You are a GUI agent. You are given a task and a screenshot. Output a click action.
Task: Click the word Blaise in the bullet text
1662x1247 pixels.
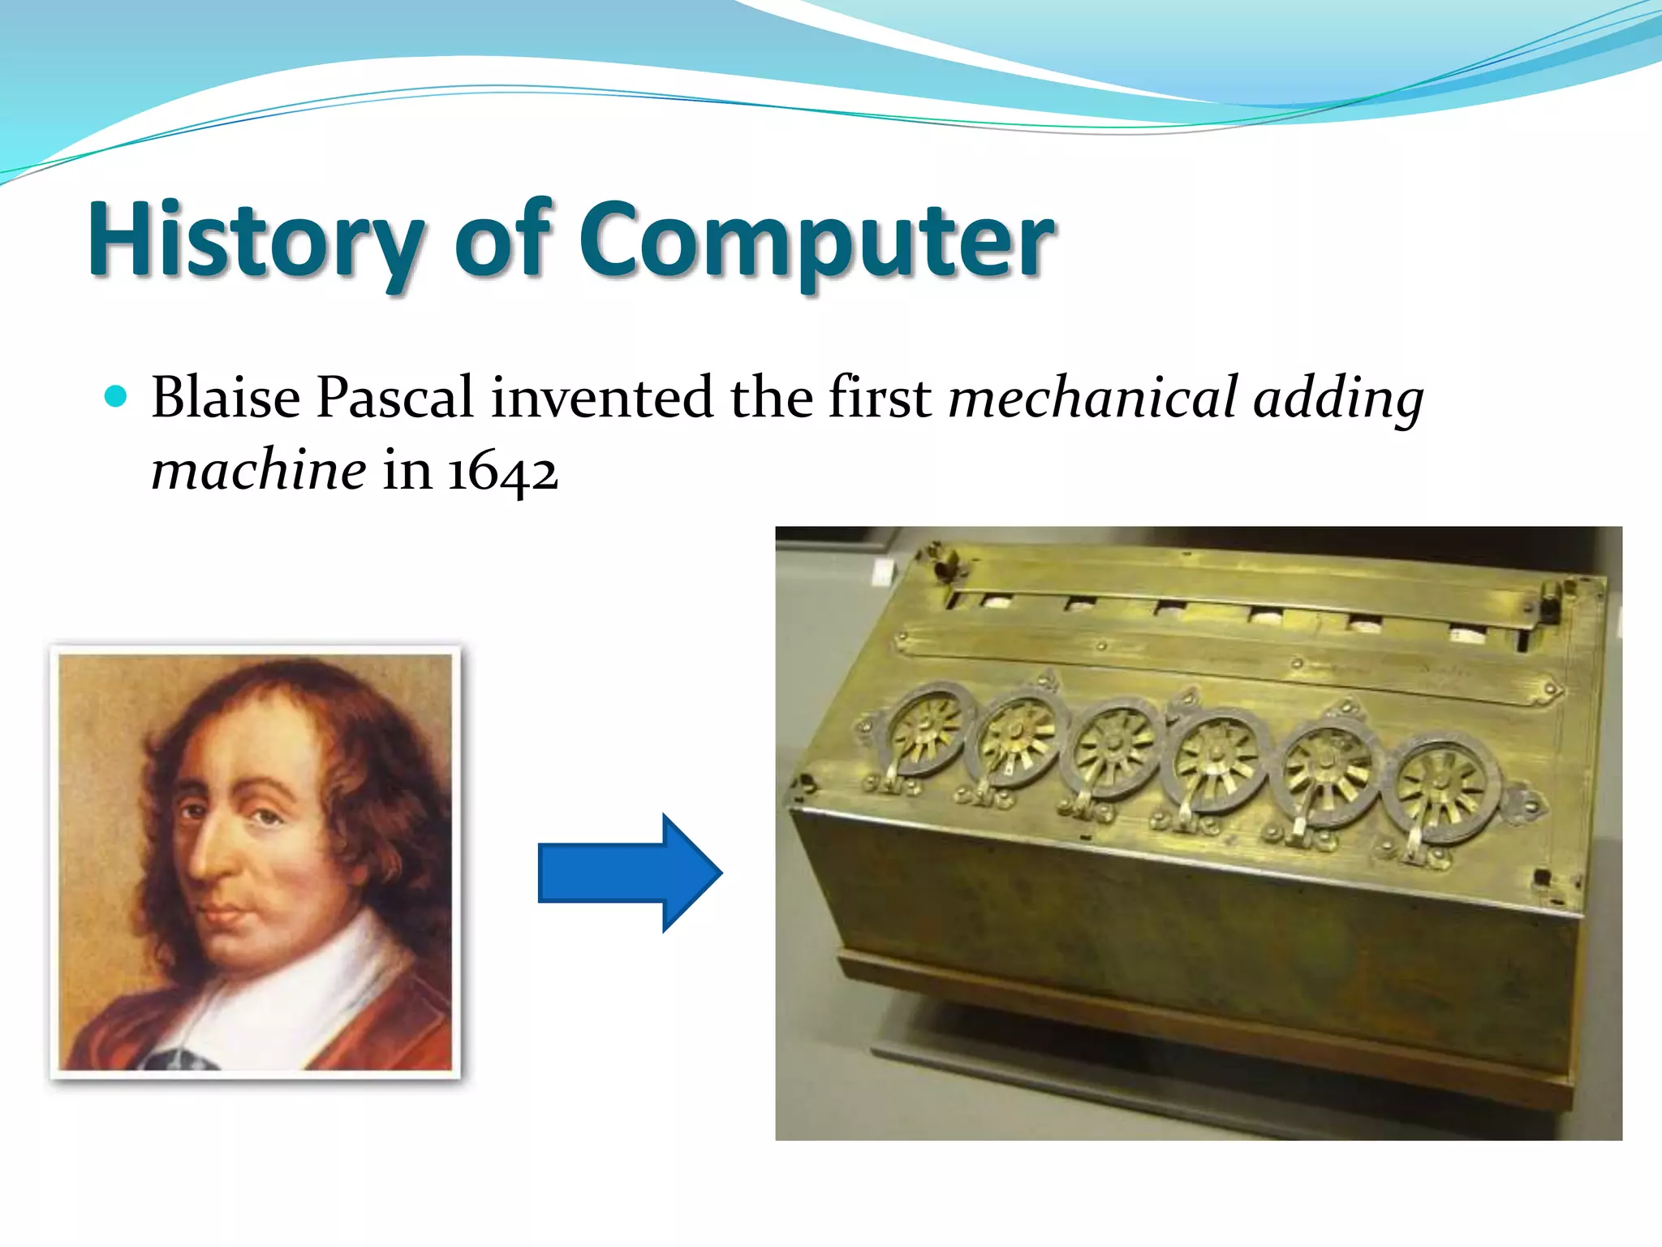pos(226,398)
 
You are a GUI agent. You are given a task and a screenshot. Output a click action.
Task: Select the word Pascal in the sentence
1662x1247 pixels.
pos(394,398)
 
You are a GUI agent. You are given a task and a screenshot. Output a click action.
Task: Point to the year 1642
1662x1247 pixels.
pos(502,471)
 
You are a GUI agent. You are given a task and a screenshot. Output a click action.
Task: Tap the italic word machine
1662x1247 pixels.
pos(259,471)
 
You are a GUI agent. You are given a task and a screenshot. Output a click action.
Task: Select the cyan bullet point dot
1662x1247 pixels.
pos(117,396)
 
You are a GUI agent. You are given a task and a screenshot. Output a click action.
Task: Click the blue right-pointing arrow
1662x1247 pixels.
pos(630,873)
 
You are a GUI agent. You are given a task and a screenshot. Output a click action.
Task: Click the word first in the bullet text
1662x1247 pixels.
pos(880,398)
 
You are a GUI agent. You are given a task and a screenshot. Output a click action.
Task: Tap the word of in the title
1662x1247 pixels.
pos(503,239)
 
